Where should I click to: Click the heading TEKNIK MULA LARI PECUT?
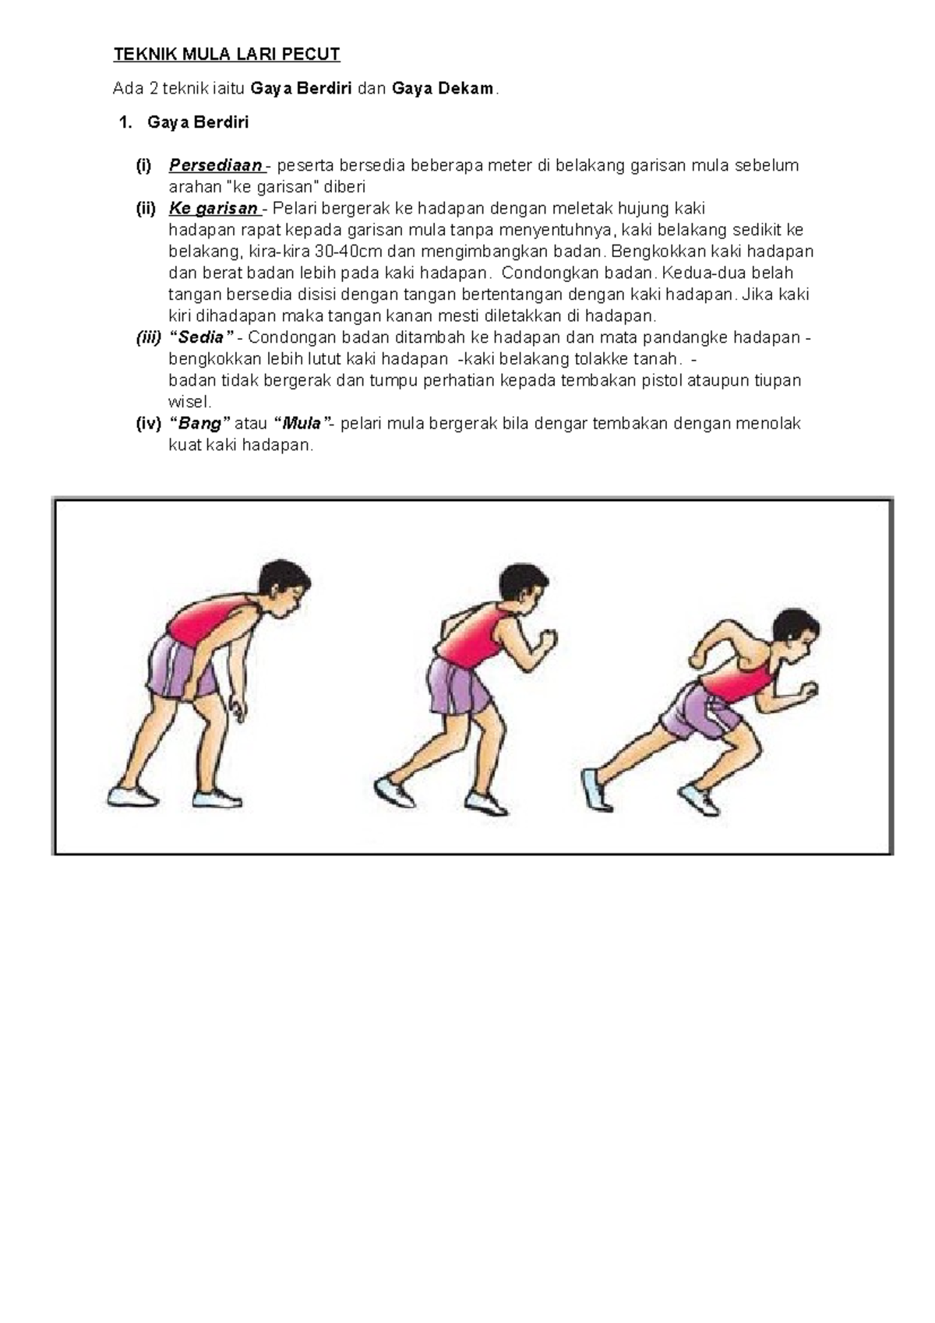click(227, 55)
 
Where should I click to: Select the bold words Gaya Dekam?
click(442, 89)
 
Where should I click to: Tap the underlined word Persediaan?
click(216, 165)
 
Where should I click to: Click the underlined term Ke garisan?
click(213, 209)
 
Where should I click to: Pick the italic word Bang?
click(199, 424)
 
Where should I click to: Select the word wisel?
click(189, 401)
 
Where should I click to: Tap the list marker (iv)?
click(148, 424)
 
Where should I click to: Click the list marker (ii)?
click(146, 209)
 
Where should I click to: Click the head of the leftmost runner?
click(282, 590)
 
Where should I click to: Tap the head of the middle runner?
click(522, 591)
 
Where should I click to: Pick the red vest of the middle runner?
click(473, 638)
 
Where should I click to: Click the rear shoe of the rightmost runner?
click(597, 788)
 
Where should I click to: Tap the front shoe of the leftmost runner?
click(217, 799)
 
